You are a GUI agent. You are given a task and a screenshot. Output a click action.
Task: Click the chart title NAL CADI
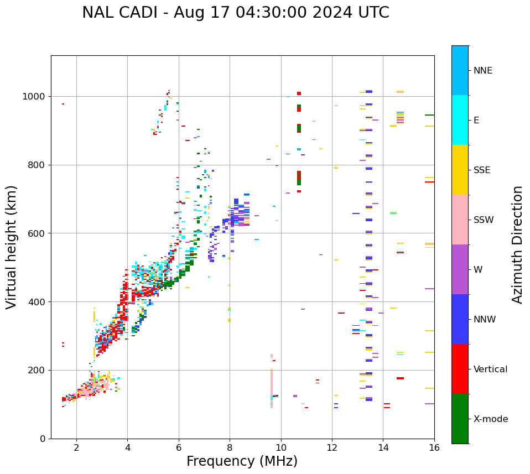click(x=236, y=13)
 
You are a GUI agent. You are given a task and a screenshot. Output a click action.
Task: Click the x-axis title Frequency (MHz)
click(x=242, y=461)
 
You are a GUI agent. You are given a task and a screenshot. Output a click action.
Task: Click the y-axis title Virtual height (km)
click(x=12, y=247)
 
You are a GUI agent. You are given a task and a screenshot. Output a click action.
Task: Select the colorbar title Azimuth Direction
click(x=517, y=244)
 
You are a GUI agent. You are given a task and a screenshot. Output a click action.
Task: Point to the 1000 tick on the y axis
click(x=37, y=96)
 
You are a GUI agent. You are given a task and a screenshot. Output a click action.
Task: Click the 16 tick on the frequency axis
click(x=434, y=447)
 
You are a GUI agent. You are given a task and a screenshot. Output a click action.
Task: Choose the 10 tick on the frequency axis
click(x=280, y=447)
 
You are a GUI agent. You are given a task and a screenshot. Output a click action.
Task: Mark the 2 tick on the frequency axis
click(x=76, y=447)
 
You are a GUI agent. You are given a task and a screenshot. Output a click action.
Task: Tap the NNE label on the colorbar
click(x=482, y=71)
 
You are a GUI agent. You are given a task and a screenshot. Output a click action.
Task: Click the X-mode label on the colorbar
click(x=490, y=419)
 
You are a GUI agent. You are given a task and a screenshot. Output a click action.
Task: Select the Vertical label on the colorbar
click(x=490, y=369)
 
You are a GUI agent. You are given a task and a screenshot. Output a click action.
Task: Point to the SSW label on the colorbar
click(x=483, y=220)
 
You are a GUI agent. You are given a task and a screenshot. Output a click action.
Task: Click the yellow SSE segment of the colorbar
click(x=460, y=170)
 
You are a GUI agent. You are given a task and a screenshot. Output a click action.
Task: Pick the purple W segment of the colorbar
click(x=460, y=269)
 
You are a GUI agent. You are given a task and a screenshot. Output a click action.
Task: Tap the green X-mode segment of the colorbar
click(x=460, y=419)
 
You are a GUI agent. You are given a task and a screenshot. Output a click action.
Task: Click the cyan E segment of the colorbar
click(x=460, y=120)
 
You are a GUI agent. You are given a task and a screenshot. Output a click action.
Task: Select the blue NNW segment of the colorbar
click(x=460, y=319)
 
